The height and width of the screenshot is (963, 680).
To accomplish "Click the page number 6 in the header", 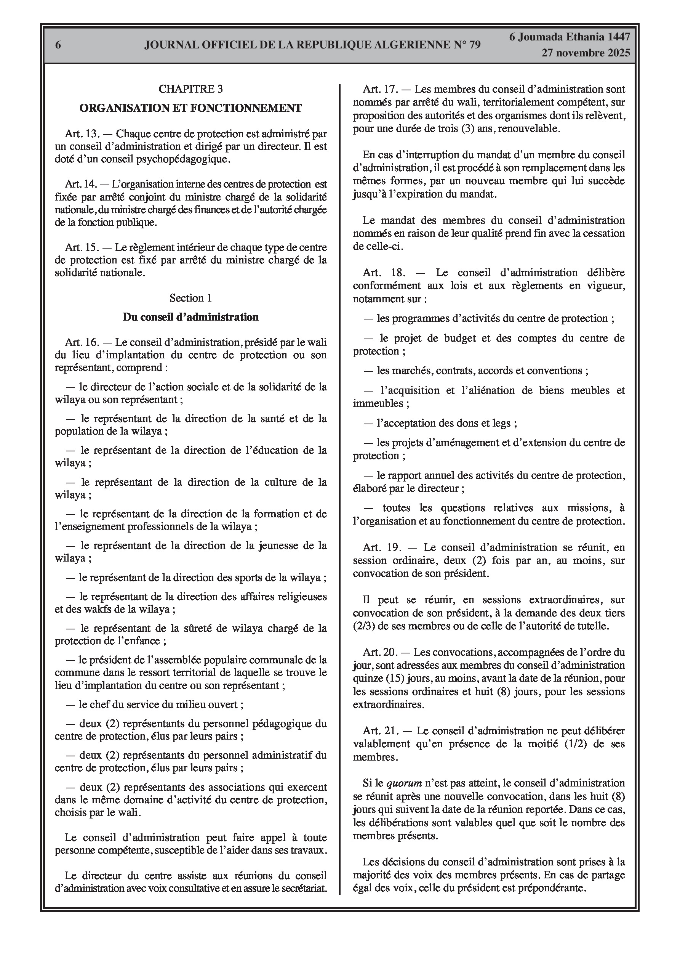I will pyautogui.click(x=58, y=45).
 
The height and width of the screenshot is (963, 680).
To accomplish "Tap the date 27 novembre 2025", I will pyautogui.click(x=586, y=53).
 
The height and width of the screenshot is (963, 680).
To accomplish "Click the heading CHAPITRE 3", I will pyautogui.click(x=191, y=89).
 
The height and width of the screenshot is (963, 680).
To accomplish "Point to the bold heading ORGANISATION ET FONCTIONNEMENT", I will pyautogui.click(x=191, y=108).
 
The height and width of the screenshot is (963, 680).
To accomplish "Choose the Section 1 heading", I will pyautogui.click(x=191, y=298).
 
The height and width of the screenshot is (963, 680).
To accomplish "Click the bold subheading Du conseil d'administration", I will pyautogui.click(x=191, y=317).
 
